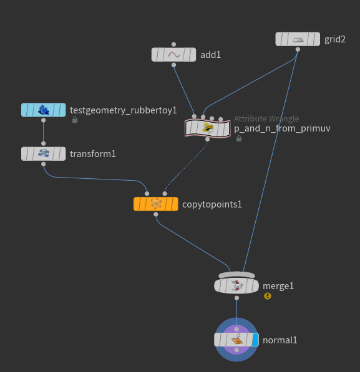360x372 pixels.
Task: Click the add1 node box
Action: tap(173, 55)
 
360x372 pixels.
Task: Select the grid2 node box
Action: tap(298, 39)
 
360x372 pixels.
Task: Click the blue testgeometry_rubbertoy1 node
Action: tap(44, 110)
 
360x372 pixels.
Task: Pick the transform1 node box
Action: tap(44, 154)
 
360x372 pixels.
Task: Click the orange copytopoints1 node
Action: tap(155, 204)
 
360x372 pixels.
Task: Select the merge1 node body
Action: tap(236, 285)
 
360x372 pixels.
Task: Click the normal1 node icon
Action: tap(237, 340)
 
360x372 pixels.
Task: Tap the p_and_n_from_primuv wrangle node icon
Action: tap(207, 128)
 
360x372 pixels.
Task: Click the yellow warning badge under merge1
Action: tap(268, 296)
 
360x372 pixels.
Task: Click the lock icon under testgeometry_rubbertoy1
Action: tap(75, 120)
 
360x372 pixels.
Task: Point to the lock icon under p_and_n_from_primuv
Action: tap(239, 138)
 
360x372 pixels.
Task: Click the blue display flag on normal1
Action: tap(255, 340)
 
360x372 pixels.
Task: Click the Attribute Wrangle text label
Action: tap(266, 118)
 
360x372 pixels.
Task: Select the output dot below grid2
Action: tap(298, 49)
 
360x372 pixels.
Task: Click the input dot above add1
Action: tap(173, 44)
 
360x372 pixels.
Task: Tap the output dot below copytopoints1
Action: tap(155, 214)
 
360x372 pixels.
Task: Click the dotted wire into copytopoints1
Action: tap(185, 166)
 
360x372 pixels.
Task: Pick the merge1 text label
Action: tap(278, 286)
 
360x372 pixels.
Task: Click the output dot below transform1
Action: tap(44, 164)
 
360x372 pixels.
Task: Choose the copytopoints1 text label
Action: tap(212, 204)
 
